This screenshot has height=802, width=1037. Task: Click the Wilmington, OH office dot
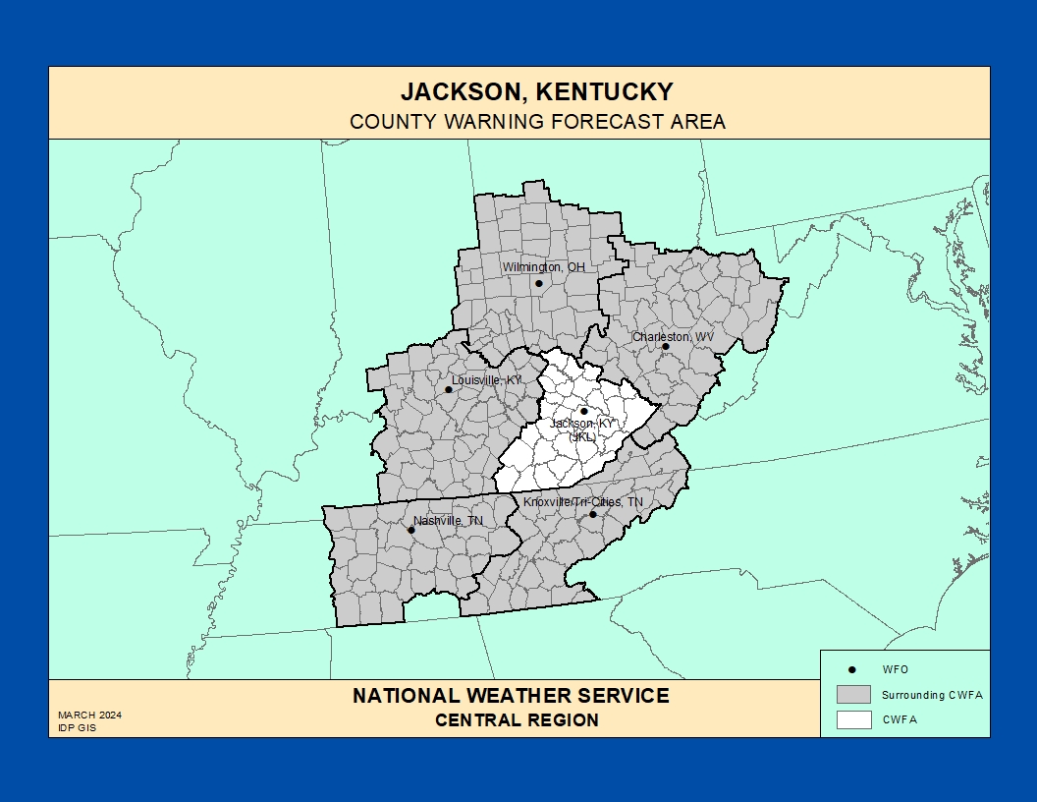[x=538, y=284]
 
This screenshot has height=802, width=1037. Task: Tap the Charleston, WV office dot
[x=665, y=346]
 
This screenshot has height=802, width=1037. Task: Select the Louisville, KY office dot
[x=449, y=389]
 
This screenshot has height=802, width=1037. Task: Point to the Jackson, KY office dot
[x=583, y=412]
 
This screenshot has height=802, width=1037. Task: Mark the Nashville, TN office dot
[x=411, y=531]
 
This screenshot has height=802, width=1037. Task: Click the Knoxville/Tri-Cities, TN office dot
[x=593, y=514]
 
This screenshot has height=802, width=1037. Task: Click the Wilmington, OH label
[x=543, y=267]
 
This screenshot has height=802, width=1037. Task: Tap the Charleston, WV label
[x=674, y=336]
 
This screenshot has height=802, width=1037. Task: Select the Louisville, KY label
[x=486, y=379]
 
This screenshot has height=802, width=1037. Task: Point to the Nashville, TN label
[x=448, y=520]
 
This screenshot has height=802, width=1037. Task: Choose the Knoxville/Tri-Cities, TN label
[x=583, y=502]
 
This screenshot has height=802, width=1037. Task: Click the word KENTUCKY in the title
[x=600, y=92]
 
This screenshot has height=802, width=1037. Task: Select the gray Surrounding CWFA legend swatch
[x=853, y=694]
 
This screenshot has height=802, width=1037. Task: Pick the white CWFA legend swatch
[x=853, y=719]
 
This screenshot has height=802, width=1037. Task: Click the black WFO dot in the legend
[x=852, y=669]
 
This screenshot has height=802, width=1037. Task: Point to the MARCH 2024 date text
[x=89, y=715]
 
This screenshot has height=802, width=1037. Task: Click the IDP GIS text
[x=77, y=728]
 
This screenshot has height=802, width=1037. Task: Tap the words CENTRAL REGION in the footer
[x=517, y=720]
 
